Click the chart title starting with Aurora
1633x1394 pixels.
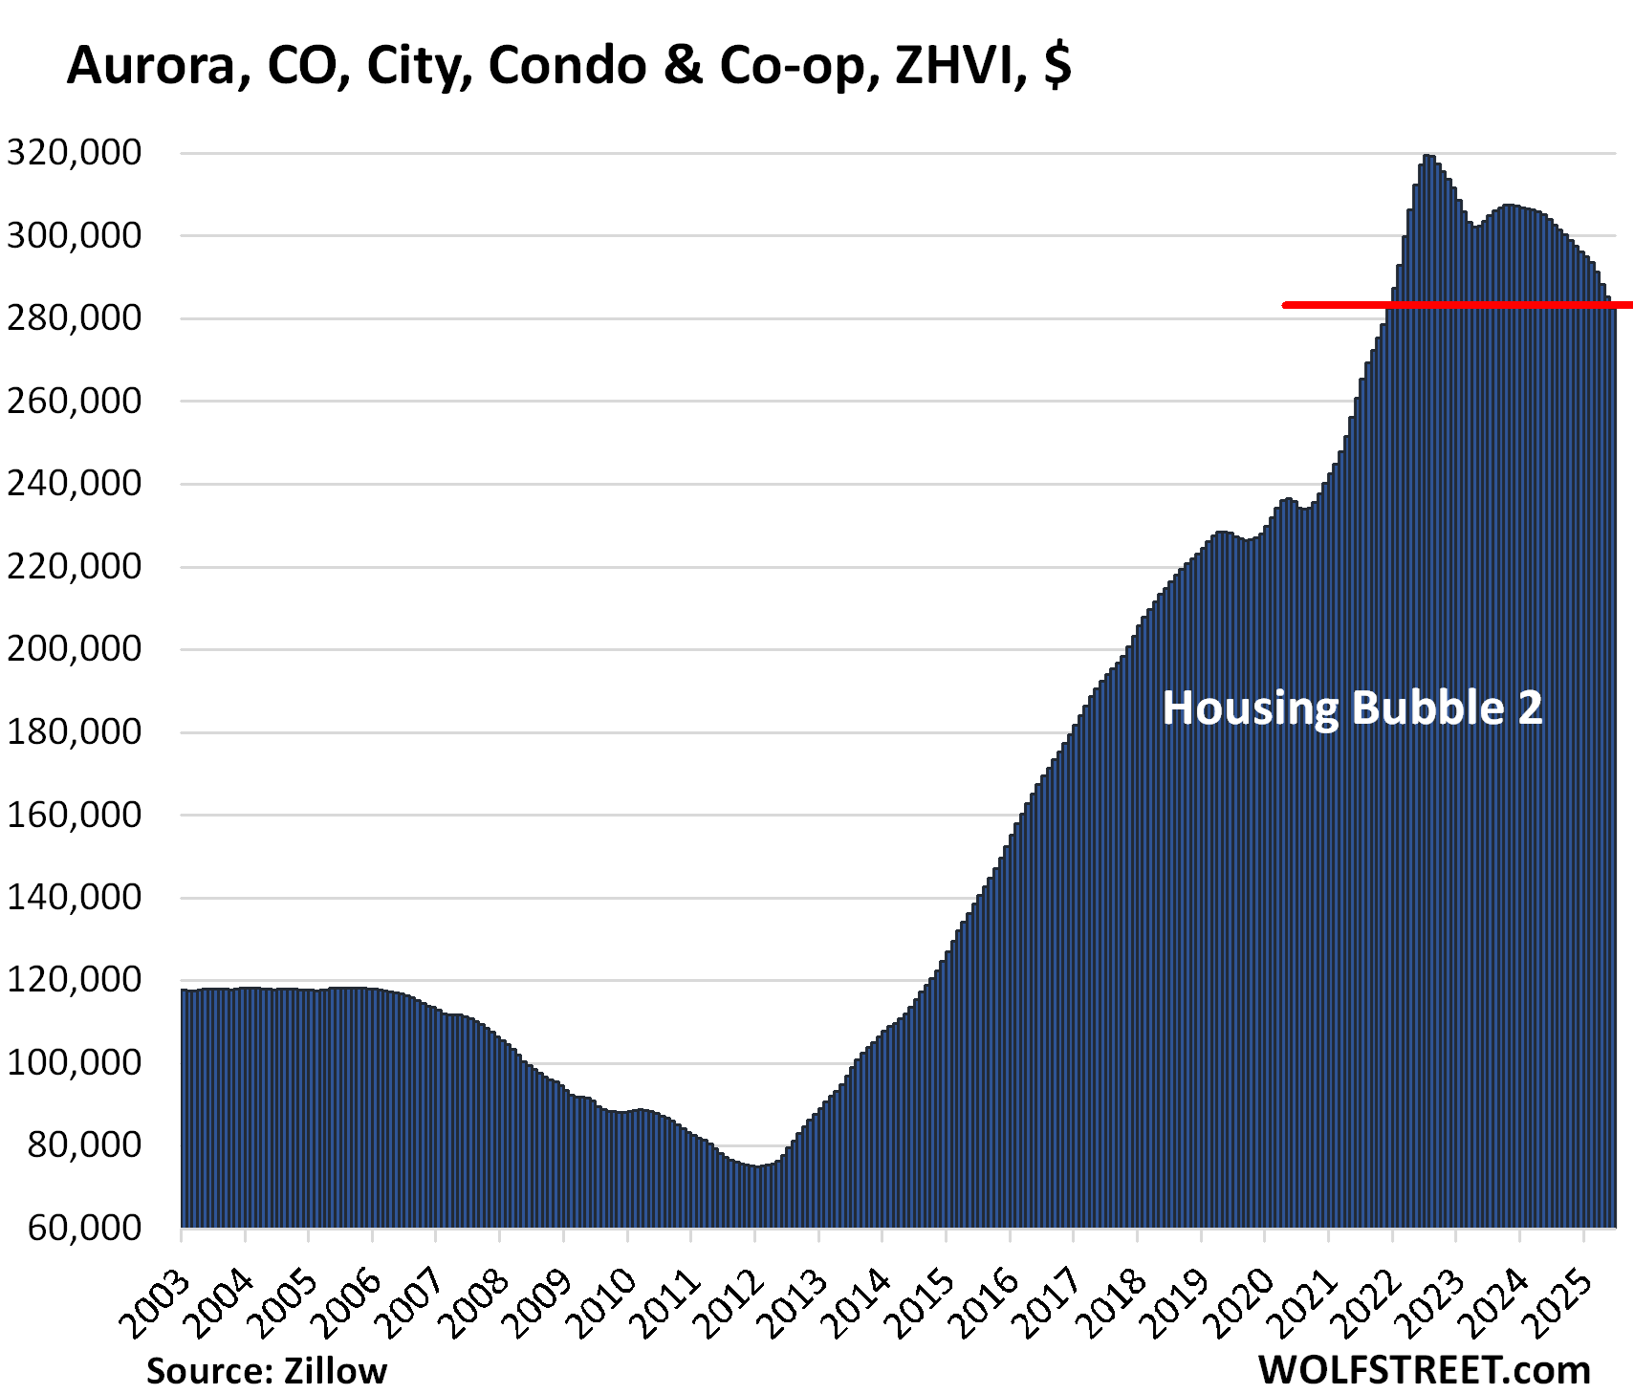pos(569,66)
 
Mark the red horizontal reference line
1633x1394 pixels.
pos(1453,305)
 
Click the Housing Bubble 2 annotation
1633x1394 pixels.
pos(1352,708)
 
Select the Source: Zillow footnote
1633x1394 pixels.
pos(267,1371)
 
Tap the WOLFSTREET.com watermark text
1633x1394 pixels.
pos(1424,1370)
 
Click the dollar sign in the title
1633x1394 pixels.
pos(1057,66)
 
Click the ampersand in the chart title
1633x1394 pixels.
pos(683,66)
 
